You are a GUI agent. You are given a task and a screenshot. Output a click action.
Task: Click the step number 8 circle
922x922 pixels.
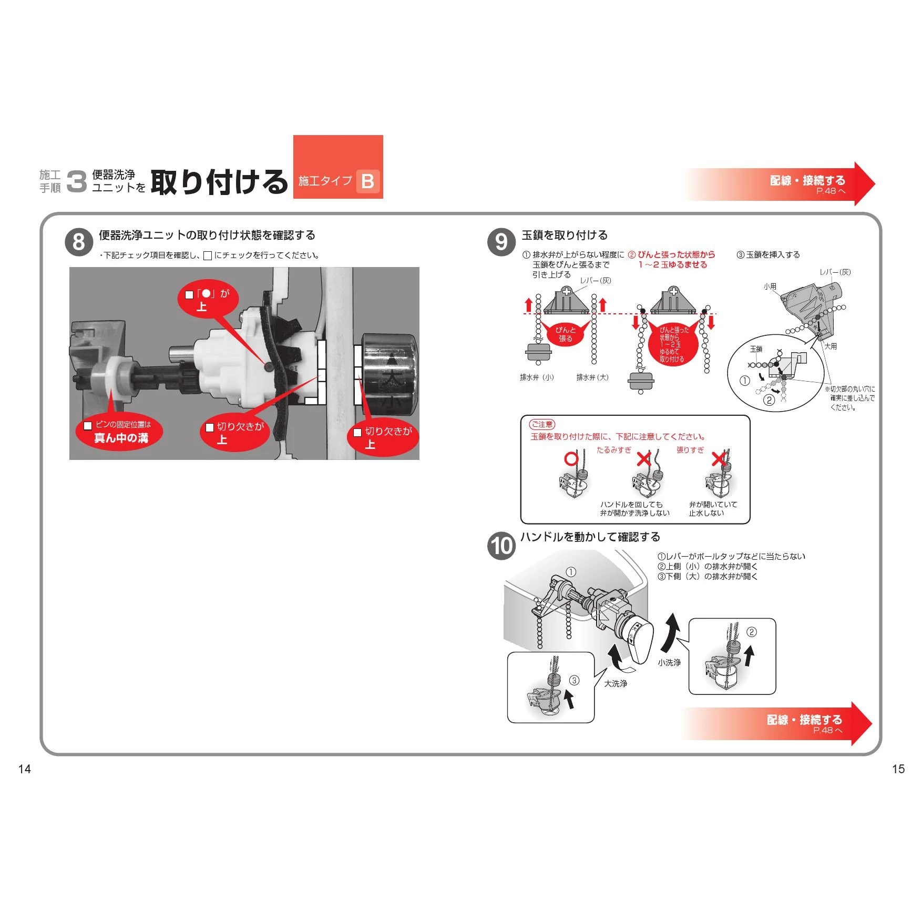coord(79,242)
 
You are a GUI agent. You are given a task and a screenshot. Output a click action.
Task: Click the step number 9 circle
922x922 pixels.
coord(501,242)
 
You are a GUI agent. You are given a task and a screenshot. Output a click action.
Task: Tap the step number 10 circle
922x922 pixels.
coord(501,546)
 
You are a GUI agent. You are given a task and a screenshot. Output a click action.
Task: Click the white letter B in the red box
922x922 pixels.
coord(368,181)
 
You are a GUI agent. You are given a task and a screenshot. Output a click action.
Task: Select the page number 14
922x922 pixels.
coord(25,769)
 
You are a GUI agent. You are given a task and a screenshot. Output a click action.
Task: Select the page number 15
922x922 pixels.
coord(898,769)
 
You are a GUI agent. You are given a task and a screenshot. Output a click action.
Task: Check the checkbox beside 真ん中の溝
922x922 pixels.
coord(88,425)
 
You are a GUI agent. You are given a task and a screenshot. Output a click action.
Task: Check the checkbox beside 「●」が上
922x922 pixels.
coord(189,295)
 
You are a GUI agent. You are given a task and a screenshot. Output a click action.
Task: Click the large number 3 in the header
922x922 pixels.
coord(77,182)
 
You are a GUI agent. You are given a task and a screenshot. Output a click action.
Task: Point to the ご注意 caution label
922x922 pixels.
coord(542,424)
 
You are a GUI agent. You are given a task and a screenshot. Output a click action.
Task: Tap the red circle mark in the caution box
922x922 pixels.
coord(571,459)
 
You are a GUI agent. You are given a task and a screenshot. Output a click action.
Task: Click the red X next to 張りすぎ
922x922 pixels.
coord(719,459)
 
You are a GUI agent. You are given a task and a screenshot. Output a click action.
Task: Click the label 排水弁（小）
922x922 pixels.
coord(537,377)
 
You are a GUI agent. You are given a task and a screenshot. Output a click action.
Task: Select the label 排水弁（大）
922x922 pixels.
coord(592,377)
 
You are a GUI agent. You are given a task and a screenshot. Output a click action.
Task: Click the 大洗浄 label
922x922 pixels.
coord(616,683)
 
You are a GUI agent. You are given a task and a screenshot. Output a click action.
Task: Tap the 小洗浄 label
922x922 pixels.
coord(669,662)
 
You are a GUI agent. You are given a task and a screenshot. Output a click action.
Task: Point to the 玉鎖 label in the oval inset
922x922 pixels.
coord(756,349)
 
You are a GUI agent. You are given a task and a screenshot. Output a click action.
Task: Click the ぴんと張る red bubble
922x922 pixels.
coord(566,333)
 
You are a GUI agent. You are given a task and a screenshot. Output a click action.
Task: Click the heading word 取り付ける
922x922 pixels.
coord(219,182)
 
